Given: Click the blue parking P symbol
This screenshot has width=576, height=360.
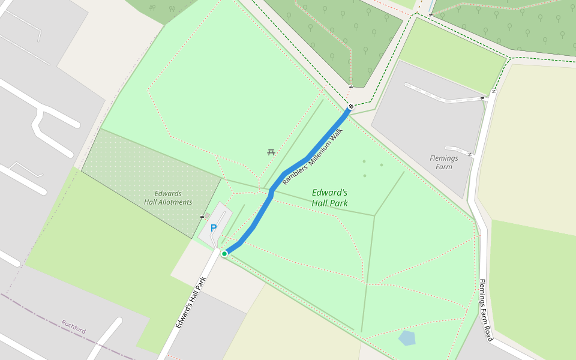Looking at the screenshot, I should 213,228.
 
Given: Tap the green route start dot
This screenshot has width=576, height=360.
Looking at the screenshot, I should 224,254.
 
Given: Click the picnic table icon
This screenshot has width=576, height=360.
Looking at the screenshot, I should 271,152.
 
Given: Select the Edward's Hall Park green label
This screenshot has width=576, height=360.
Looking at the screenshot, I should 329,198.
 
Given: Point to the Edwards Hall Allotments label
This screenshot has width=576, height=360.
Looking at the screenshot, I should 168,197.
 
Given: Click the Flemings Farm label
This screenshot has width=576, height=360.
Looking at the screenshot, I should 444,163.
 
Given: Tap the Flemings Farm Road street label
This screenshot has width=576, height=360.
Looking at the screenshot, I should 486,310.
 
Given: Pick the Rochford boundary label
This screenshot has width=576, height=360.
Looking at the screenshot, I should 73,326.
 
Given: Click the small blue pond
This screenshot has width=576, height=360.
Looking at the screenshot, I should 407,338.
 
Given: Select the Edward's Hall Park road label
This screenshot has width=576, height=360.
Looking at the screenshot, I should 191,302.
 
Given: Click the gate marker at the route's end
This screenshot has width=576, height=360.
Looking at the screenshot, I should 350,107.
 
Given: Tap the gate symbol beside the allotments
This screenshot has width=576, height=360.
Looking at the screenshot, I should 202,217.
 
